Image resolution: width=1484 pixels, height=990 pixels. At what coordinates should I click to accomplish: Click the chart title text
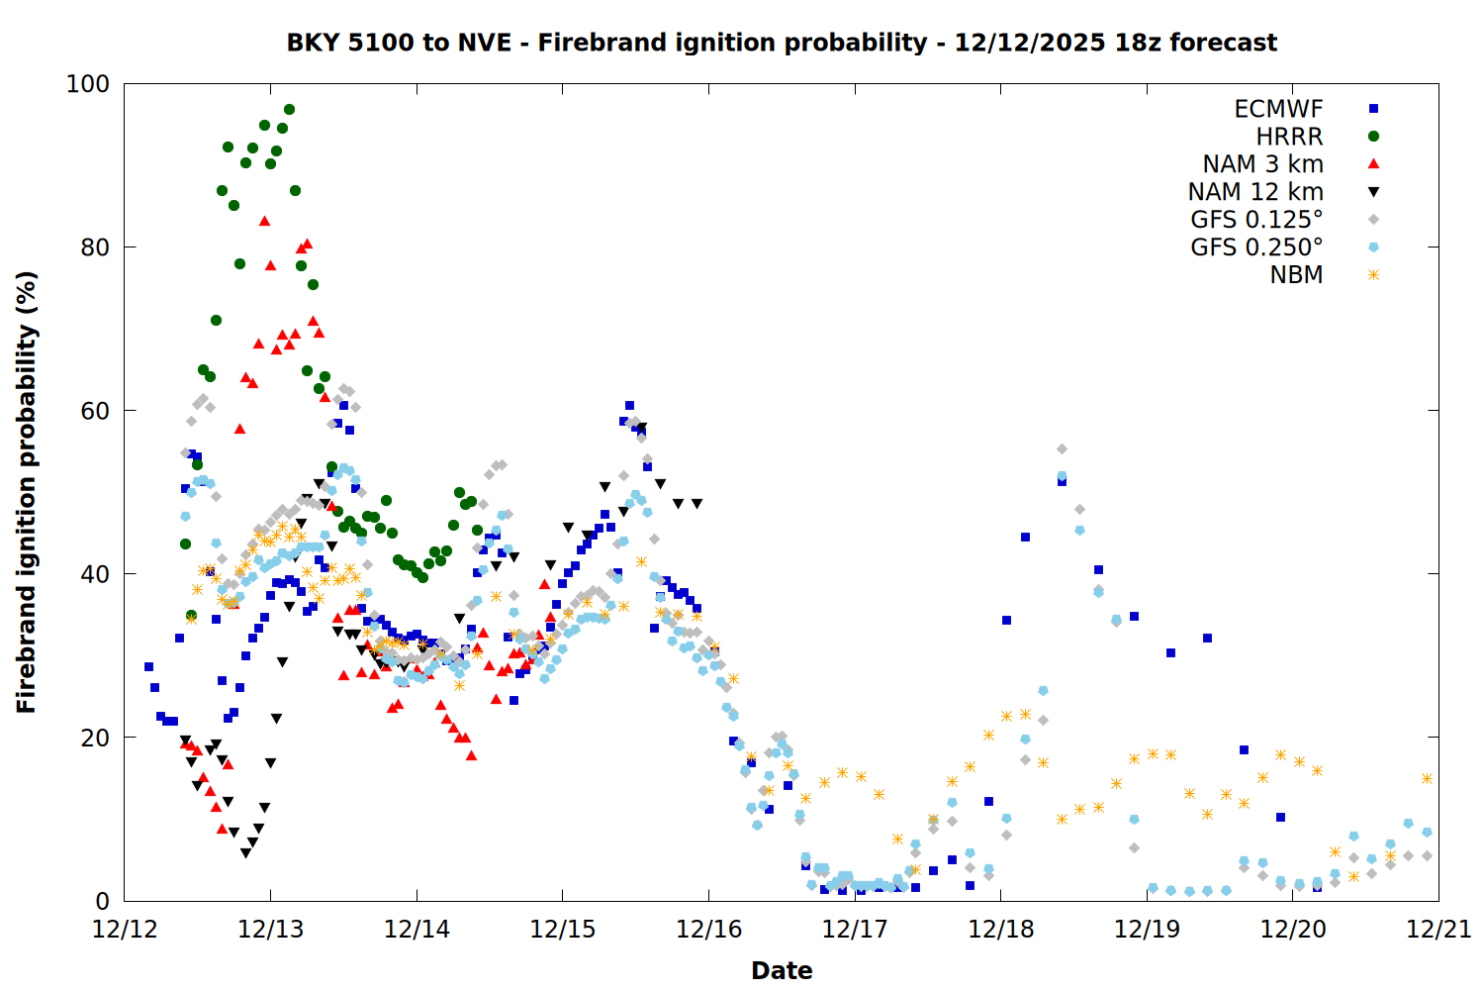pos(782,43)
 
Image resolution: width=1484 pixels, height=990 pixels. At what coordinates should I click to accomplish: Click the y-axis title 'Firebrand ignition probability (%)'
pos(27,492)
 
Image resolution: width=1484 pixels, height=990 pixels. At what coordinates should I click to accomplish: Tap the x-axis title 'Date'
pos(782,970)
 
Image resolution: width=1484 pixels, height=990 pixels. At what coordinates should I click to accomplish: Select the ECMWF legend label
pos(1278,109)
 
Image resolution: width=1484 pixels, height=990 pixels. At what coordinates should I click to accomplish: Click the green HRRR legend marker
pos(1373,137)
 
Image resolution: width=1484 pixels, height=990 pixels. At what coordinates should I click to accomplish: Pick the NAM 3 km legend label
pos(1262,164)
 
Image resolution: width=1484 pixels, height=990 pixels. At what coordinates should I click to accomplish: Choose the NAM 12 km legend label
pos(1255,192)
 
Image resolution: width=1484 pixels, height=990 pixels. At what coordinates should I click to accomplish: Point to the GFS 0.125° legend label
pos(1256,220)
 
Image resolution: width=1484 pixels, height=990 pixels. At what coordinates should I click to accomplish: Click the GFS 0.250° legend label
pos(1256,247)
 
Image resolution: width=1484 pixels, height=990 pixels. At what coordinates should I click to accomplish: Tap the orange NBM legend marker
pos(1373,275)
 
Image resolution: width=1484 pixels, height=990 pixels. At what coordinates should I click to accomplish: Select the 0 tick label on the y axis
pos(102,901)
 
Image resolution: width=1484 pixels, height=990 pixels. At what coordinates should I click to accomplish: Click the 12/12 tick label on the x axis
pos(125,930)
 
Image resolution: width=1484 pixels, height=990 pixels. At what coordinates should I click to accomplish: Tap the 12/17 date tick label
pos(855,930)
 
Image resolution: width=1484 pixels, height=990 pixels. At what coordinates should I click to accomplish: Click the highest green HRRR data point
pos(289,110)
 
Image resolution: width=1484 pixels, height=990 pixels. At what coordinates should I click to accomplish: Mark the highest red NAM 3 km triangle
pos(264,221)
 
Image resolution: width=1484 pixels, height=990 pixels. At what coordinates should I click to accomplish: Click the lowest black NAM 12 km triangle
pos(245,853)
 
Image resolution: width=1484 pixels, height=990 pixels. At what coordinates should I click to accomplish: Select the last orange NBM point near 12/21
pos(1427,779)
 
